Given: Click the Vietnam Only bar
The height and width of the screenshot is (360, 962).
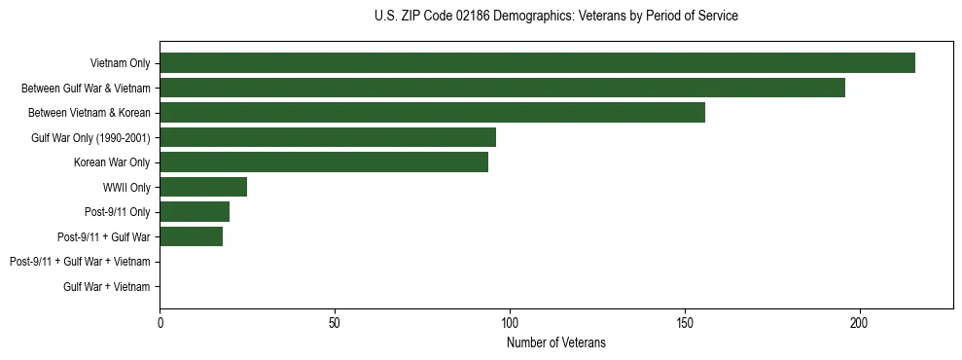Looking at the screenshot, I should tap(537, 63).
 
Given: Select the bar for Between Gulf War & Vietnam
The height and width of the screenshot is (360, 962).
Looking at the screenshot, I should tap(502, 88).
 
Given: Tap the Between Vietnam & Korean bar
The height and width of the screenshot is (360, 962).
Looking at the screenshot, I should tap(432, 113).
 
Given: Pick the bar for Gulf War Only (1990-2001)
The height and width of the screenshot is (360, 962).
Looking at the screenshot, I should tap(328, 137).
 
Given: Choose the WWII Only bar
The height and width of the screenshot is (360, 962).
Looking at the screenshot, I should tap(203, 187).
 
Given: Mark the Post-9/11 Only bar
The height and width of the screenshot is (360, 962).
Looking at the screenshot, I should tap(195, 212).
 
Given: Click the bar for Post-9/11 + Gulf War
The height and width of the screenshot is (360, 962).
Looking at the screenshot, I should tap(191, 236).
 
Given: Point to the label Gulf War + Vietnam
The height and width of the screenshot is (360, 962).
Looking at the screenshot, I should tap(107, 286).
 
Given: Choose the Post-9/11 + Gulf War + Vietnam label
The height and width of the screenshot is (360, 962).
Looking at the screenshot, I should tap(80, 262).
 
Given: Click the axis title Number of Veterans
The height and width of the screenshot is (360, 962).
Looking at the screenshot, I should tap(556, 342).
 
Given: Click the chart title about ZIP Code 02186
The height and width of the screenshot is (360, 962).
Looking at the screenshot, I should tap(556, 17).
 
